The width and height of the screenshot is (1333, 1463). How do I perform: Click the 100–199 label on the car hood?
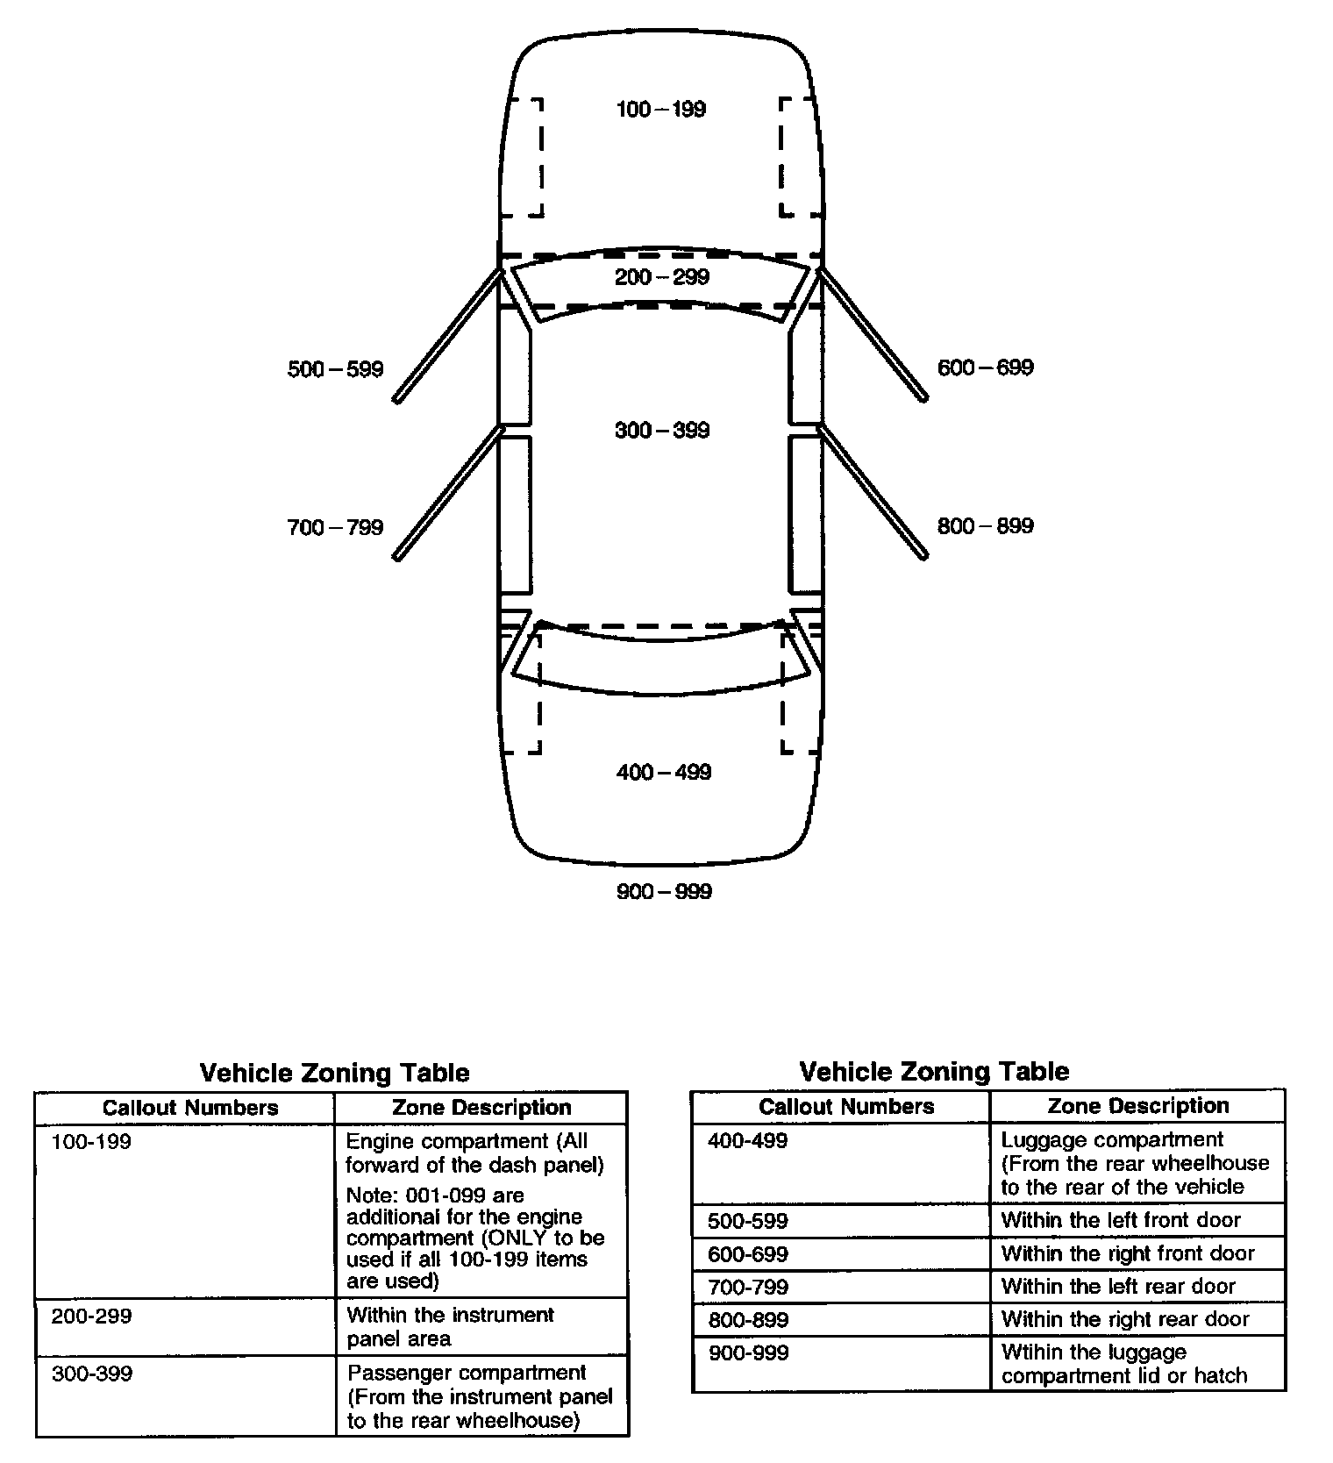tap(660, 110)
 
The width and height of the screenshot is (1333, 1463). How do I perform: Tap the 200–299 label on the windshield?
tap(661, 277)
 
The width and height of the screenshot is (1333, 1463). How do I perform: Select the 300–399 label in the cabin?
tap(661, 430)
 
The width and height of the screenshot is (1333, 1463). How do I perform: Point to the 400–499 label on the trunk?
tap(663, 772)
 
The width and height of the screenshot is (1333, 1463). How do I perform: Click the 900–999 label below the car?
tap(664, 891)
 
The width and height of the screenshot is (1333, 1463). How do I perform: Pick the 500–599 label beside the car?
tap(335, 369)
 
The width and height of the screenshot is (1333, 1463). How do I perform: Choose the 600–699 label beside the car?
tap(985, 368)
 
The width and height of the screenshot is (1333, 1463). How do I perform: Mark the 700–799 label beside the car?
tap(335, 527)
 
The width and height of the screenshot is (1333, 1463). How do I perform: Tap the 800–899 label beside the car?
tap(985, 525)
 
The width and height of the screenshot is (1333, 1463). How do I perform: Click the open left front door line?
tap(447, 337)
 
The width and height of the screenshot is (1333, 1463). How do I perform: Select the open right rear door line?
tap(873, 492)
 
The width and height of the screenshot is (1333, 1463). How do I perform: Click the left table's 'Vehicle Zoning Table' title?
tap(334, 1073)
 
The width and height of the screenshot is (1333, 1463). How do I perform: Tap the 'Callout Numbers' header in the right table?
tap(846, 1106)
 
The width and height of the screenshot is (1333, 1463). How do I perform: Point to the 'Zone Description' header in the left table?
tap(481, 1108)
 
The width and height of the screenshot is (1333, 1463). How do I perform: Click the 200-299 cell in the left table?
tap(91, 1316)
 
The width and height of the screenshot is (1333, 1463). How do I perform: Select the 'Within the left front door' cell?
tap(1121, 1220)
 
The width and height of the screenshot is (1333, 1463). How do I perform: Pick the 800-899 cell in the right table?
tap(748, 1320)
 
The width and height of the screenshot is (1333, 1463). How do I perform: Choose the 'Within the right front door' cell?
tap(1128, 1253)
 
